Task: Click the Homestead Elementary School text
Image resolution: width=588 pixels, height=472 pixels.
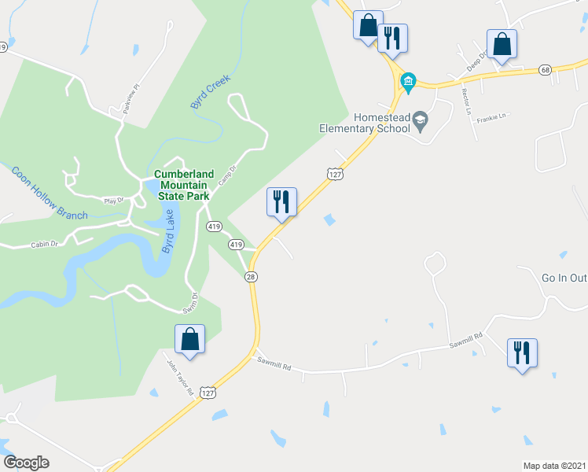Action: click(365, 122)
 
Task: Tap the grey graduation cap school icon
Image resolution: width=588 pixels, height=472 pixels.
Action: click(421, 119)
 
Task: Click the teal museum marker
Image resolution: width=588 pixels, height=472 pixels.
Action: click(408, 80)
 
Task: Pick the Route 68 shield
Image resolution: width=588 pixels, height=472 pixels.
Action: click(545, 70)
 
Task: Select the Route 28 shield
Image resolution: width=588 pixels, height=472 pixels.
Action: click(251, 276)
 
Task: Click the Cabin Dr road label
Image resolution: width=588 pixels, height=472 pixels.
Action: click(45, 245)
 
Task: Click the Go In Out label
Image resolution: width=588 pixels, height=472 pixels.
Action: click(564, 278)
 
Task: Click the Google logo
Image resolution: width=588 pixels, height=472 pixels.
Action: click(26, 463)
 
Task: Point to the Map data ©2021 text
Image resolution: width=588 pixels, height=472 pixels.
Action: click(555, 465)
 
